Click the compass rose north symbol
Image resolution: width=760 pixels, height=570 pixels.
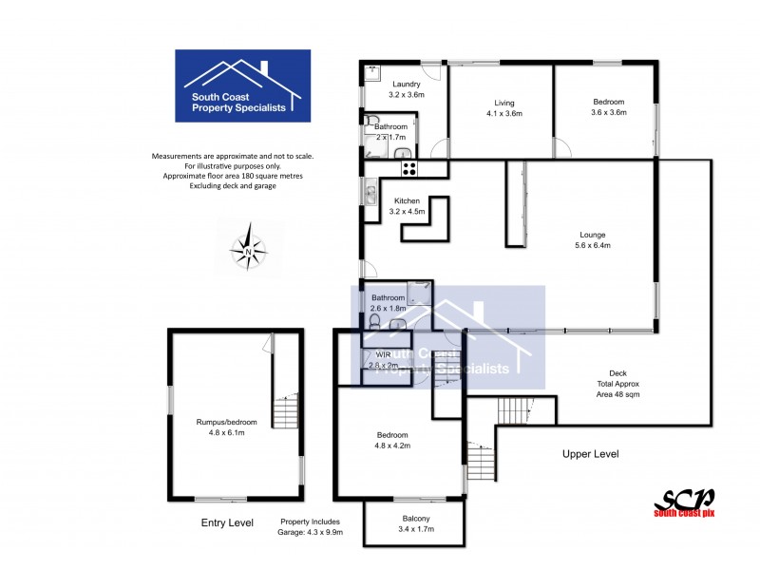click(x=249, y=244)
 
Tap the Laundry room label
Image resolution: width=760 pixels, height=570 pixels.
click(x=406, y=89)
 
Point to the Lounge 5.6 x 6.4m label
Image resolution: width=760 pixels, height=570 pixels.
click(x=594, y=239)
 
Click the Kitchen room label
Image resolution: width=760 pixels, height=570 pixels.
click(x=407, y=205)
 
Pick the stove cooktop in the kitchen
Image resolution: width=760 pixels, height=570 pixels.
click(x=410, y=168)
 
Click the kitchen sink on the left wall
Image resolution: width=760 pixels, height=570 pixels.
click(x=369, y=196)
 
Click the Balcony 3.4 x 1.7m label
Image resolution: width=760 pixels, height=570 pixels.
click(x=415, y=522)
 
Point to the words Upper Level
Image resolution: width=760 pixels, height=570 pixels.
click(x=590, y=454)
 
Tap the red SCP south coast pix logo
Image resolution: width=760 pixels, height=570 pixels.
click(x=684, y=503)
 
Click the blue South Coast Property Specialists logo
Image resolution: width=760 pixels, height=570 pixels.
click(x=242, y=85)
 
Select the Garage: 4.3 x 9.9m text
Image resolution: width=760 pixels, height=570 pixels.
click(x=311, y=533)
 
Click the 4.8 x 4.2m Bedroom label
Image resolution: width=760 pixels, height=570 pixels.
click(x=391, y=440)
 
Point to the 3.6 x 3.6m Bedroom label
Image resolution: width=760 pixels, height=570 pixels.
click(x=608, y=107)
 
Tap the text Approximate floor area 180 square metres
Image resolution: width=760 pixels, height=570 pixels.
click(x=233, y=176)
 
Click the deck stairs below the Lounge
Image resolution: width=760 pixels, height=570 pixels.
click(x=513, y=410)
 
